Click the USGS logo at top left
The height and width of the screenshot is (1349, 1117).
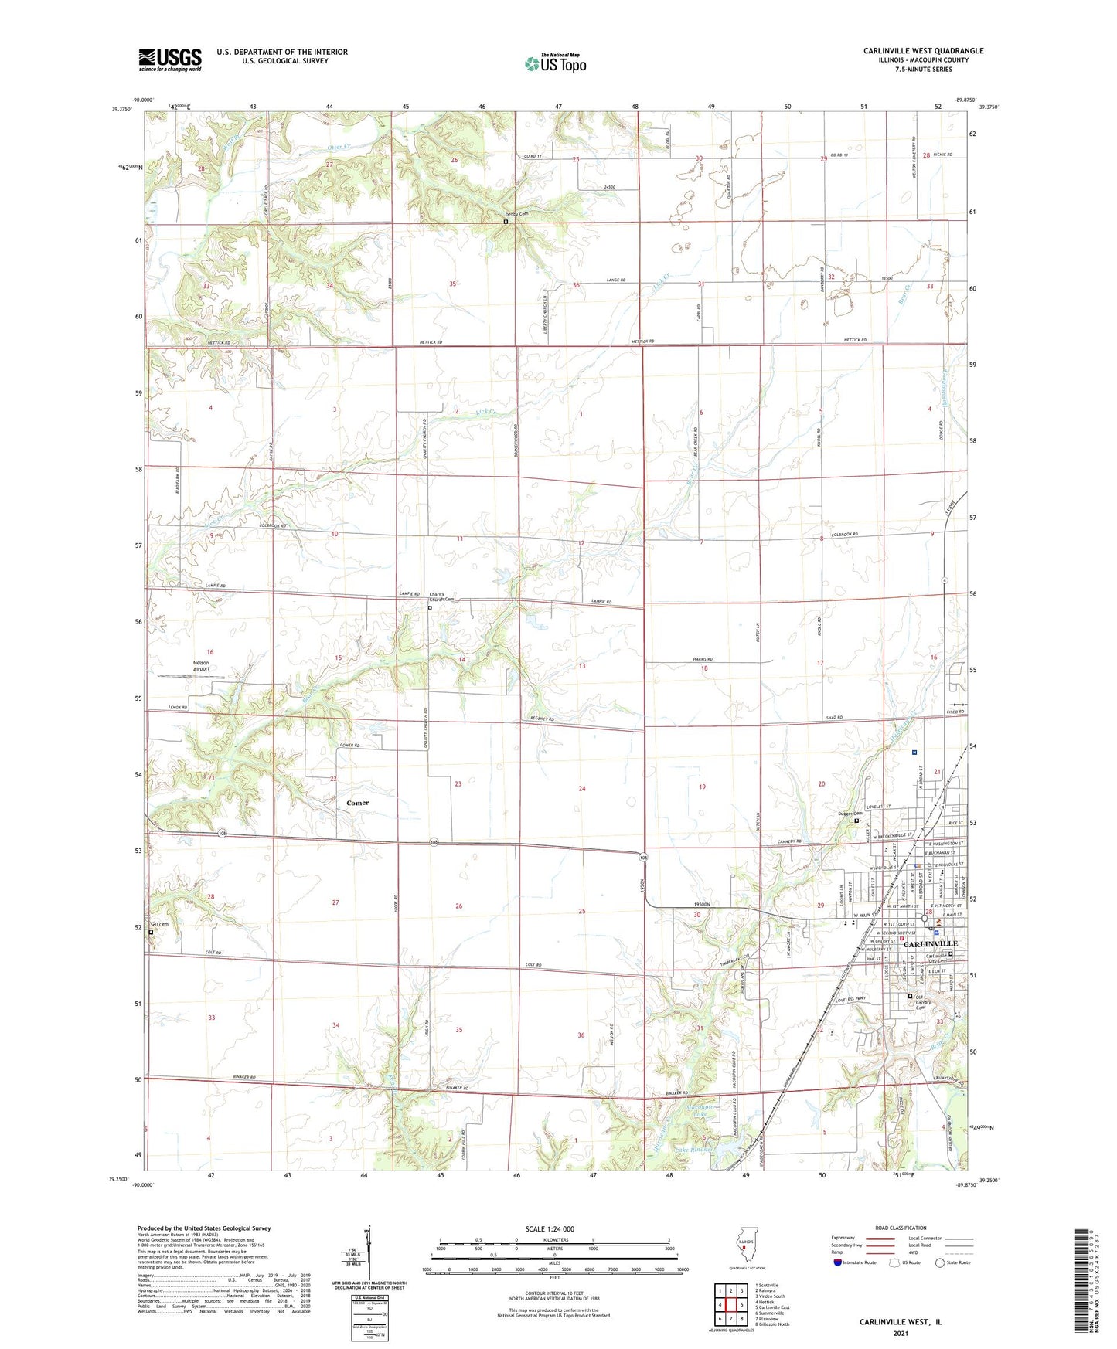tap(170, 59)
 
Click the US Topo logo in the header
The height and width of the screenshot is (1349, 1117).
tap(554, 63)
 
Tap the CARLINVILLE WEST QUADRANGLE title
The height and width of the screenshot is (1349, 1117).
tap(923, 51)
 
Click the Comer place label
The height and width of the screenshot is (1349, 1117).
tap(357, 803)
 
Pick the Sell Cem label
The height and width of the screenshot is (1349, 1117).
tap(158, 924)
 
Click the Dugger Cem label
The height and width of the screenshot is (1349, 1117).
tap(850, 813)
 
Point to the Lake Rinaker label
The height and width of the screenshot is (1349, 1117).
tap(693, 1150)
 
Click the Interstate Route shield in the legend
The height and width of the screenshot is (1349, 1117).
tap(838, 1262)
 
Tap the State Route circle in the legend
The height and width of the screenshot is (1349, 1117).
tap(940, 1262)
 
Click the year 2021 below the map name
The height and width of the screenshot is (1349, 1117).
tap(900, 1311)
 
